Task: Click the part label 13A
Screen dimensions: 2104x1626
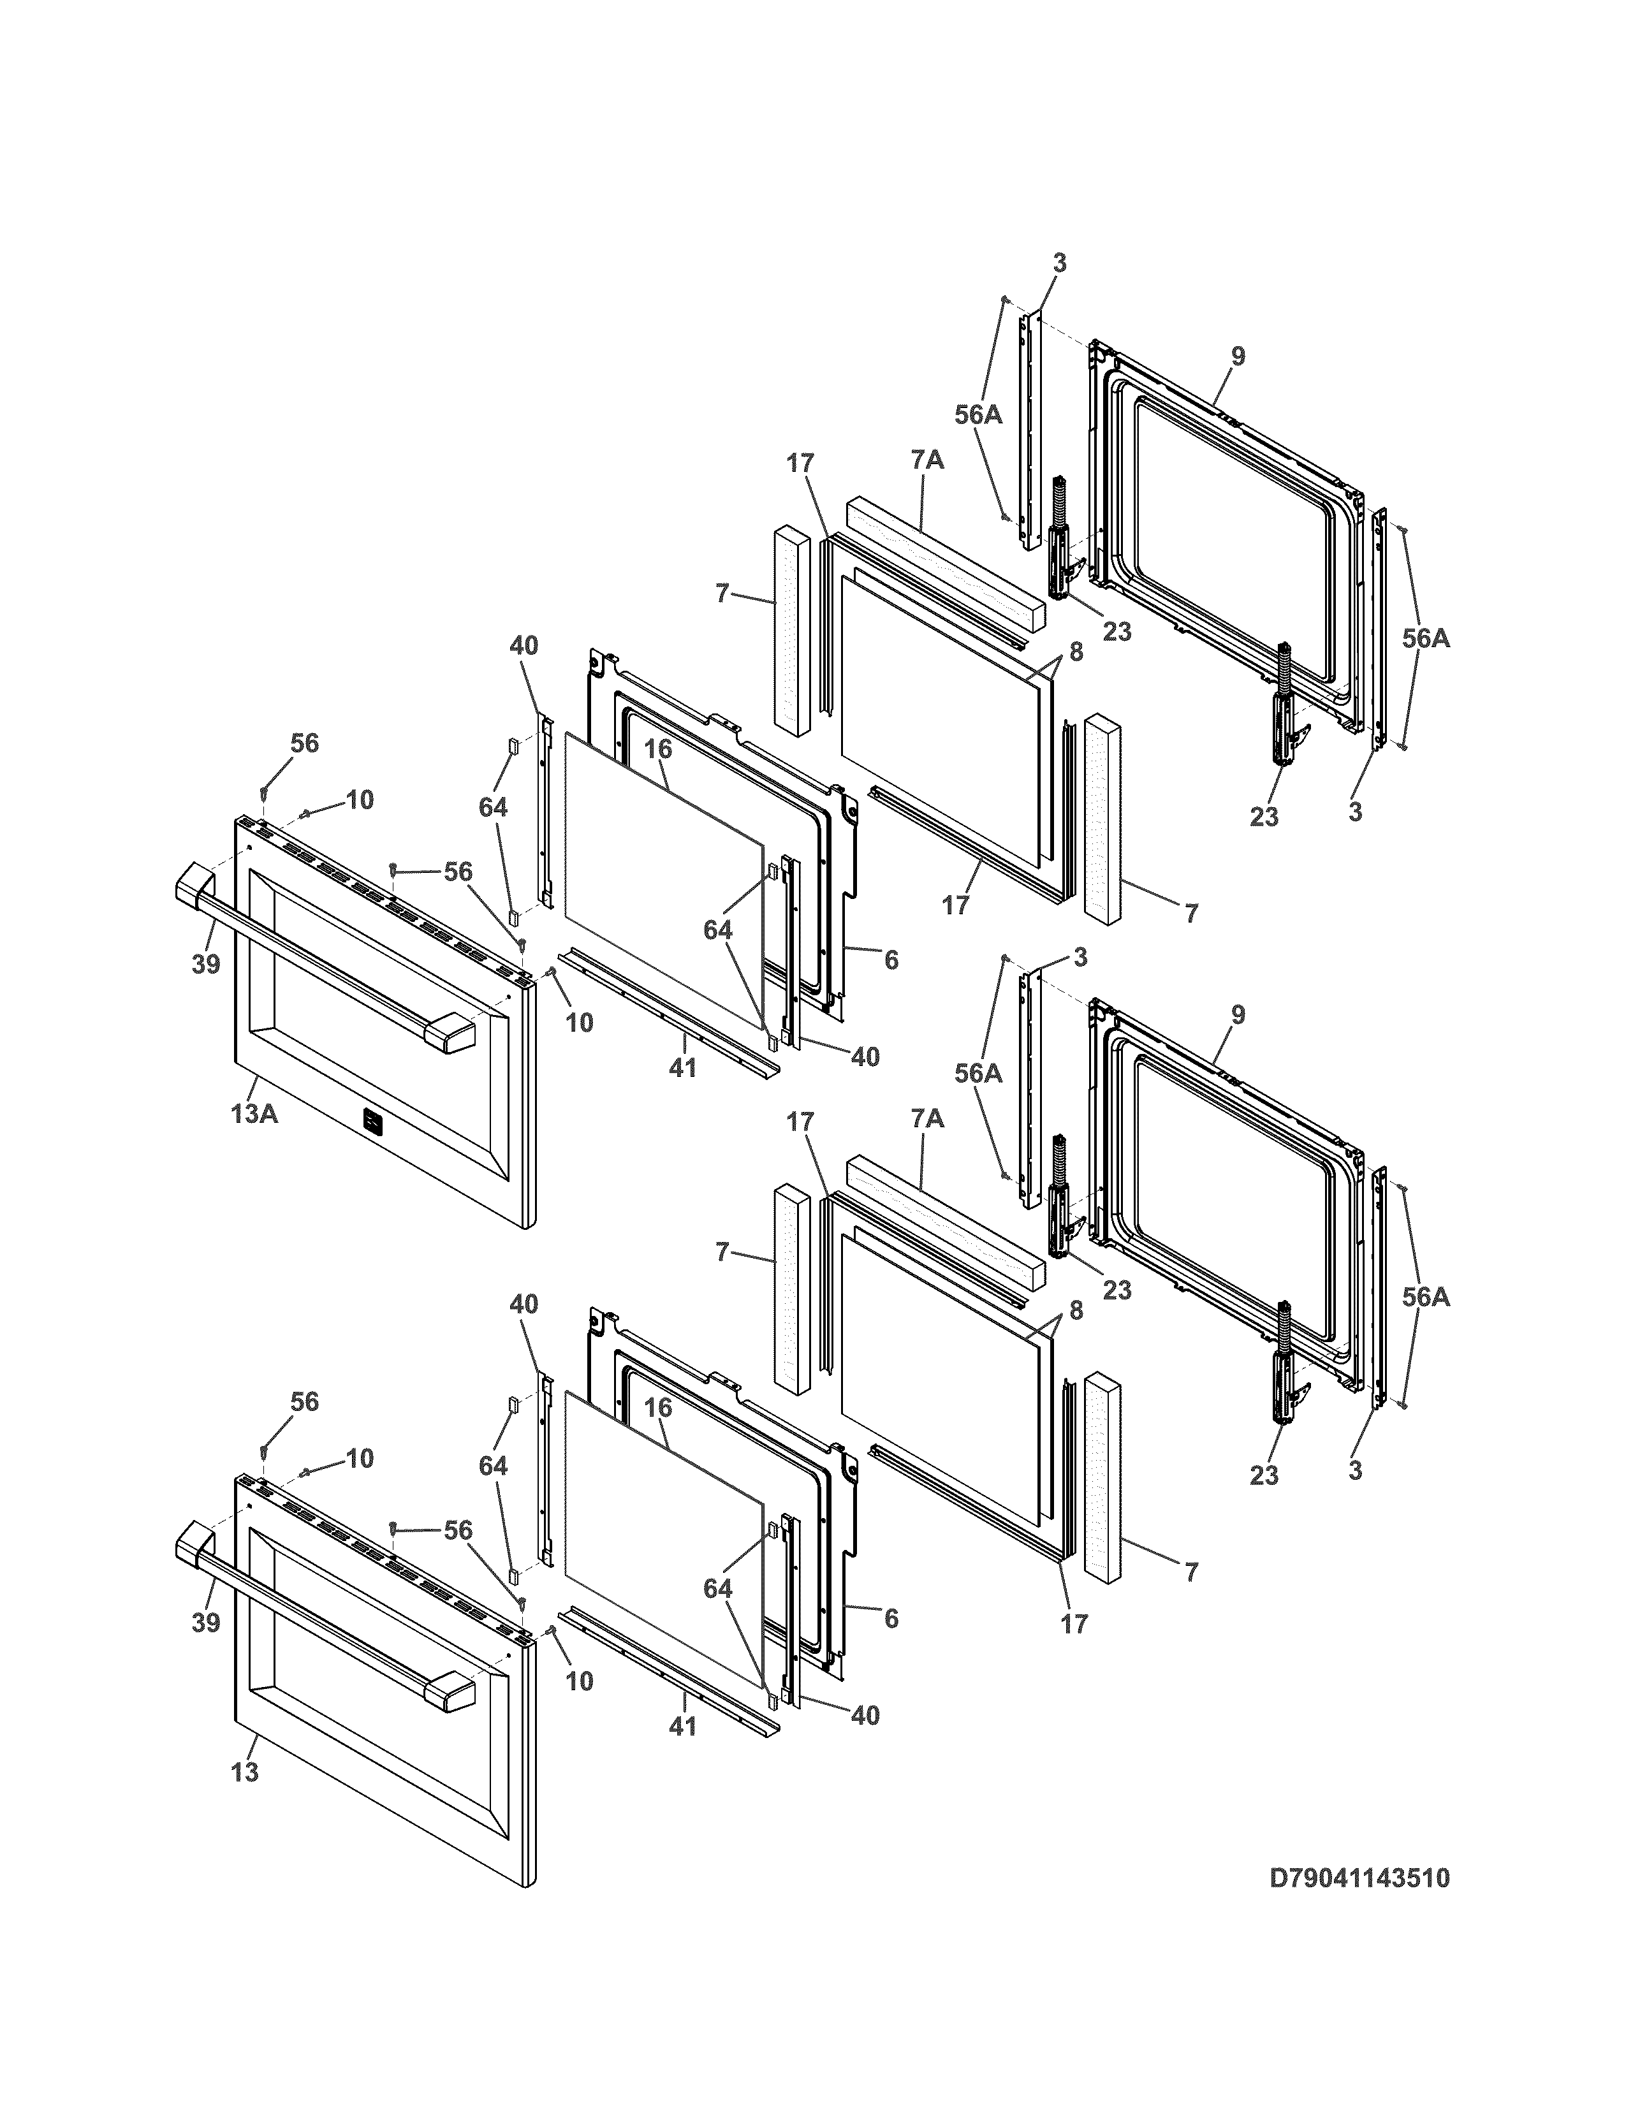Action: click(x=254, y=1114)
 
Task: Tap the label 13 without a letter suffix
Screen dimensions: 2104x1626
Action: click(x=245, y=1772)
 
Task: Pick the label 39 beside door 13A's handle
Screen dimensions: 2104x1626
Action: click(x=205, y=963)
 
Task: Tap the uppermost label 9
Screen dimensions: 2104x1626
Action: click(x=1238, y=356)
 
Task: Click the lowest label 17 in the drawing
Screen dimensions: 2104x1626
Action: click(x=1074, y=1625)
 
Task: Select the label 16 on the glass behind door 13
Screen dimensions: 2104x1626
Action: click(x=658, y=1408)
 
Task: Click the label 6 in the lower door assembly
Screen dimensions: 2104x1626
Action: click(x=891, y=1618)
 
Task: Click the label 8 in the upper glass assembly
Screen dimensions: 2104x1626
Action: click(x=1076, y=652)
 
